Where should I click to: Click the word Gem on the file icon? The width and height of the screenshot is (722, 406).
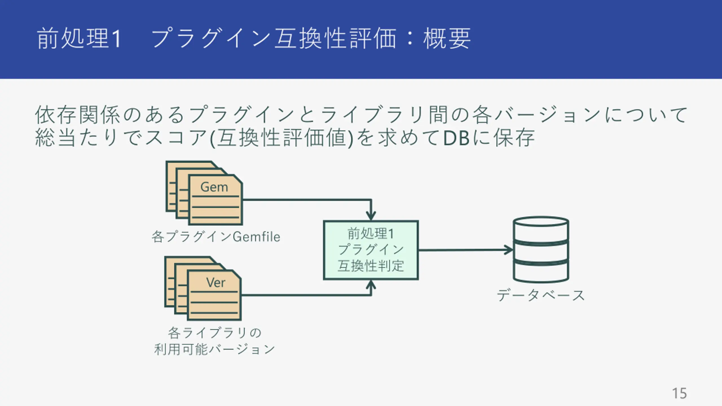tap(214, 187)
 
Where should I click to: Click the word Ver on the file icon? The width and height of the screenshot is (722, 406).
tap(216, 283)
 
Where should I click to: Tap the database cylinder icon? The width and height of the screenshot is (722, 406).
tap(541, 249)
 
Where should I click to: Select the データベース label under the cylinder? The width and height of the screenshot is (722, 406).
tap(541, 295)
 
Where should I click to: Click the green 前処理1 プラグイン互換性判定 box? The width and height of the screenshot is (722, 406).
tap(371, 250)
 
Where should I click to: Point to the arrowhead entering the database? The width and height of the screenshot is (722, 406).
tap(509, 250)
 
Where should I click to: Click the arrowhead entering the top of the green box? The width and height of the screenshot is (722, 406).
tap(371, 216)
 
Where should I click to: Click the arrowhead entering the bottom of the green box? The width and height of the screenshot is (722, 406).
tap(371, 284)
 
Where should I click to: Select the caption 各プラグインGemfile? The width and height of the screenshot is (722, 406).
tap(216, 237)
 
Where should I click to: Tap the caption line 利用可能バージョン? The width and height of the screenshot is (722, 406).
tap(214, 349)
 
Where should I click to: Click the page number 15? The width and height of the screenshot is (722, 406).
tap(679, 393)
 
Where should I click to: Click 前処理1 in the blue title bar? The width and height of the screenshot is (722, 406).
tap(79, 38)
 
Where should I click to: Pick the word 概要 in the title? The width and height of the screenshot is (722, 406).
tap(447, 38)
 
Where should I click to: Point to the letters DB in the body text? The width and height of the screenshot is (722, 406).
tap(456, 138)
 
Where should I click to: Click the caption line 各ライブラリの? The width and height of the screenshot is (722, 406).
tap(215, 333)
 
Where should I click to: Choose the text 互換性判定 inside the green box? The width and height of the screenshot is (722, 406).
tap(371, 266)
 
